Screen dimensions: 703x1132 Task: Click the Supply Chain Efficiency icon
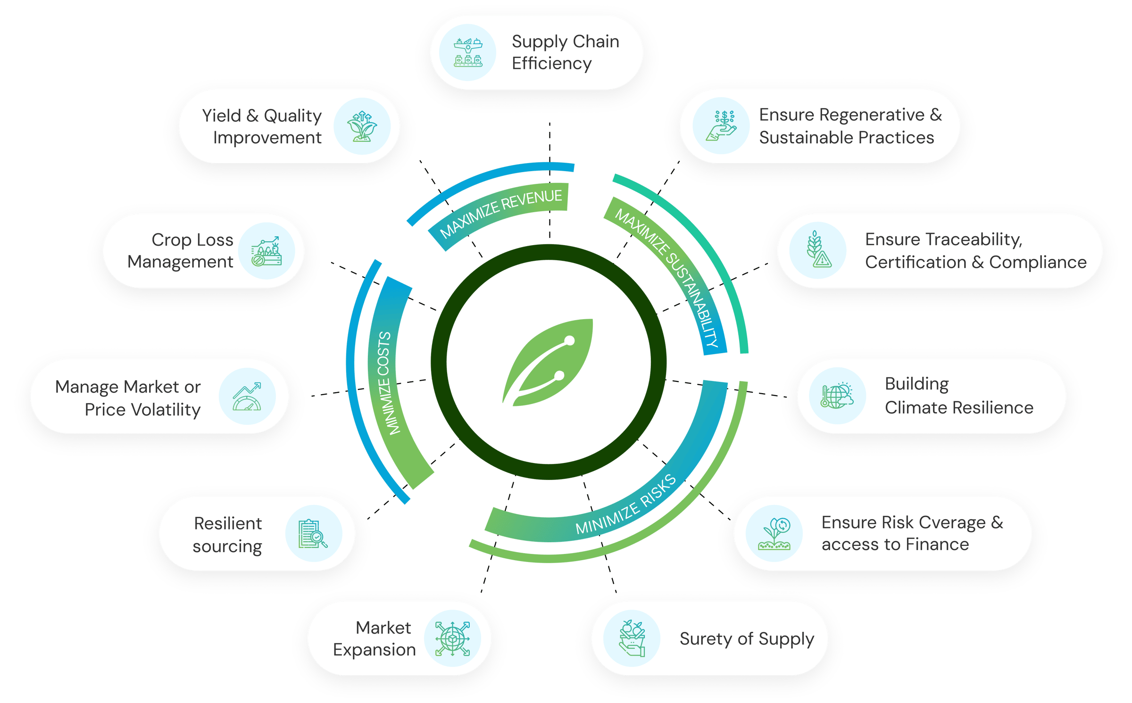coord(467,52)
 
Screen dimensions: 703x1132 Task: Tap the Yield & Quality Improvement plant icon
coord(362,126)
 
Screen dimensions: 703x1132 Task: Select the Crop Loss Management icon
coord(266,251)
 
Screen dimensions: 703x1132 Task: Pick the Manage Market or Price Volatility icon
coord(247,397)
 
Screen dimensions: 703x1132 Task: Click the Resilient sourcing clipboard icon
coord(313,534)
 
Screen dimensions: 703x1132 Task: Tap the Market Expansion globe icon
coord(452,638)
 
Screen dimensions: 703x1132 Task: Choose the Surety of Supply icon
coord(632,638)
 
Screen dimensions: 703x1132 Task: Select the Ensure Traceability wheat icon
coord(818,250)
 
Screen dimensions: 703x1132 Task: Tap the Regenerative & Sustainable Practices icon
coord(721,125)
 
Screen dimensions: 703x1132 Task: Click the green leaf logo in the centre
coord(549,362)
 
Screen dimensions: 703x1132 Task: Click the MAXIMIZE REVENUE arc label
coord(501,213)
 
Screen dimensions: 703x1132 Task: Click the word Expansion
coord(375,650)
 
